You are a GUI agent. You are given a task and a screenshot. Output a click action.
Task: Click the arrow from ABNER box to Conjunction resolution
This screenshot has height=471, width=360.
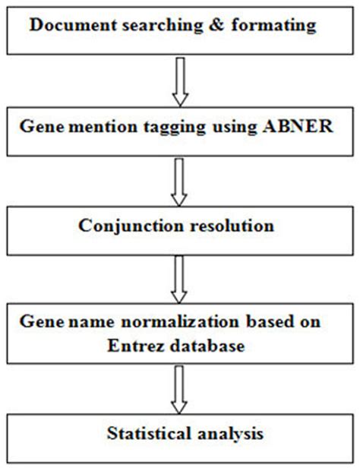click(180, 181)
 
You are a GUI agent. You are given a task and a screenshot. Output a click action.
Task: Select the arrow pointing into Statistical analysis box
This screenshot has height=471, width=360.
click(180, 387)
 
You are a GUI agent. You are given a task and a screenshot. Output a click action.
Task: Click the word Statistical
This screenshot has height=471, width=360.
click(145, 435)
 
